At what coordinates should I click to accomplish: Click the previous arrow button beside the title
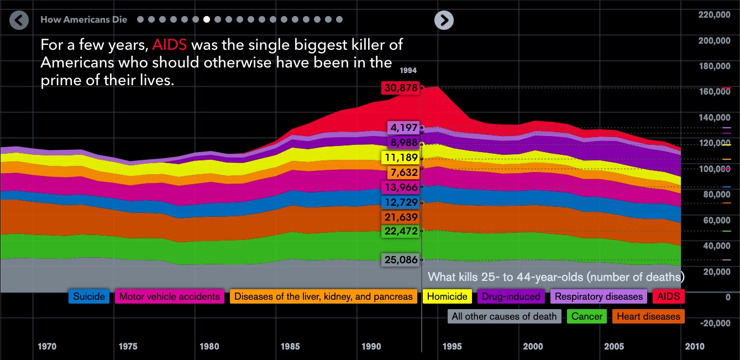pos(19,20)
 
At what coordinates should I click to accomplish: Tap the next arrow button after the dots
pos(444,20)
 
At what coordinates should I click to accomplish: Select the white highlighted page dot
pos(207,19)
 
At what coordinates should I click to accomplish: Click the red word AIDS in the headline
pos(169,44)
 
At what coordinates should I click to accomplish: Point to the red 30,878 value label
pos(400,87)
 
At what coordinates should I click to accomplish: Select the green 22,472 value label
pos(400,231)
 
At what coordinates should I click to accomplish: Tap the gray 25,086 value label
pos(400,259)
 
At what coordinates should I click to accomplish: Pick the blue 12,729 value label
pos(400,202)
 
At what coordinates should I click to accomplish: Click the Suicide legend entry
pos(89,296)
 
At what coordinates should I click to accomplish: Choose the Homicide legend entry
pos(448,296)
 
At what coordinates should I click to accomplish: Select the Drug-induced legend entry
pos(511,296)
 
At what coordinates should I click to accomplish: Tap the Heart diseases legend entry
pos(648,316)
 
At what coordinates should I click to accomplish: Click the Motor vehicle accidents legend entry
pos(170,296)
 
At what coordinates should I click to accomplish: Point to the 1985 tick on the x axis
pos(290,347)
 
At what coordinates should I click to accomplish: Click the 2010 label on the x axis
pos(695,347)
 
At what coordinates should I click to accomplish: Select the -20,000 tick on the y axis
pos(715,323)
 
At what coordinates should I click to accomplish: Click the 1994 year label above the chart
pos(410,71)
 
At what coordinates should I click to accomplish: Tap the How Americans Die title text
pos(83,20)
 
